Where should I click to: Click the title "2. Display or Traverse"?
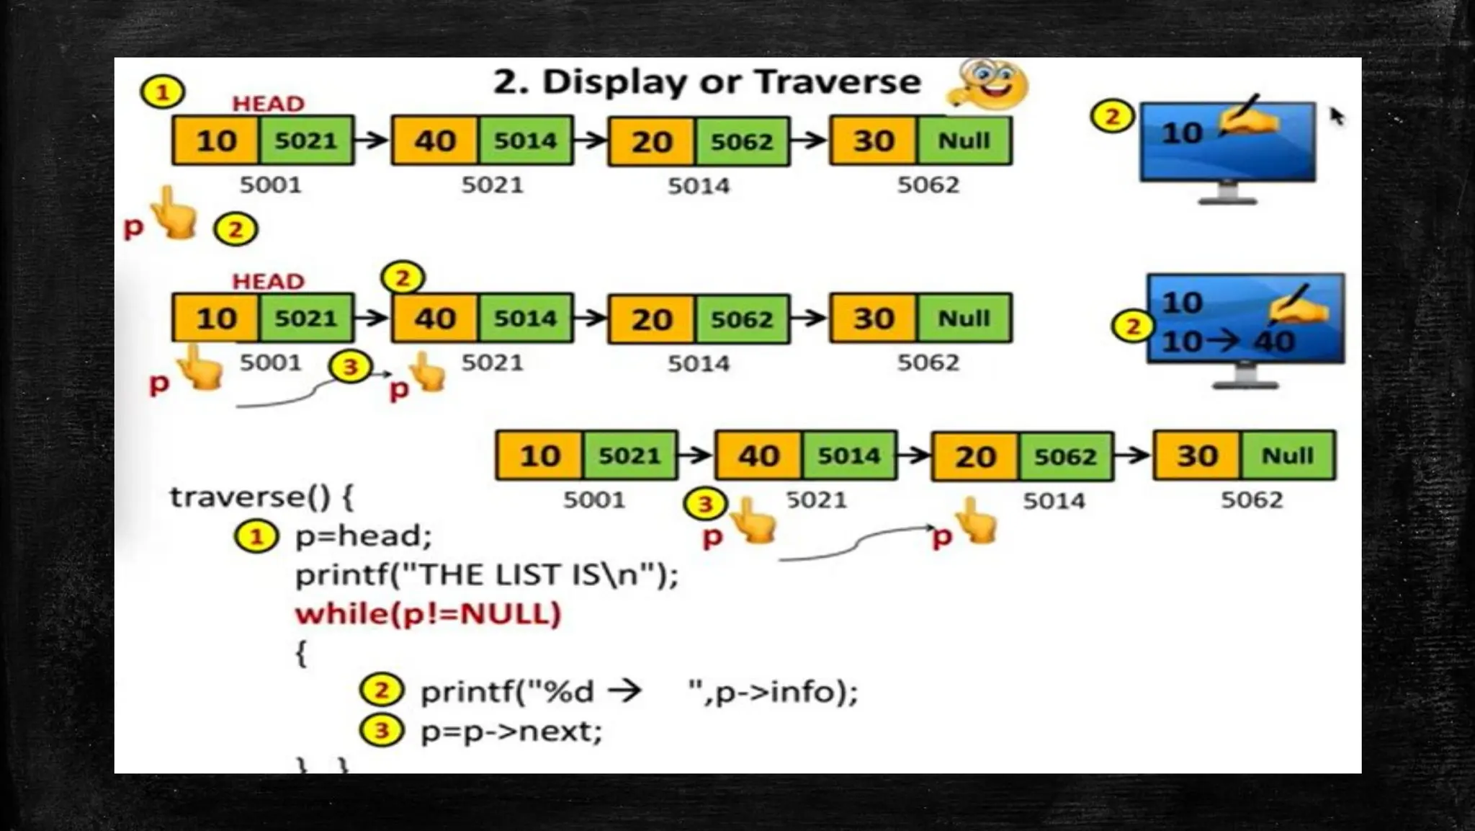[x=707, y=82]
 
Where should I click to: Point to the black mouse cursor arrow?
[x=1337, y=115]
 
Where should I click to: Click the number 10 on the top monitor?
[x=1181, y=133]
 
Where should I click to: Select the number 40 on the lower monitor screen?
[x=1274, y=342]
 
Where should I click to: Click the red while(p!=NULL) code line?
[x=428, y=614]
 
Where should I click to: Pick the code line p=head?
[x=364, y=536]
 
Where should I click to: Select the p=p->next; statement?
[x=511, y=731]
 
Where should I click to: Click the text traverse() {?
[x=261, y=497]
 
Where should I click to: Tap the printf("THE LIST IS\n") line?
[x=487, y=575]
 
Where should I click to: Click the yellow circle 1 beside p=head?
[x=256, y=537]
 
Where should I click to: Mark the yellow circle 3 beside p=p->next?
[x=381, y=731]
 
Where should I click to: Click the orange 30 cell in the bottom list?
[x=1197, y=456]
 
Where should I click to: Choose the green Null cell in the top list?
[x=964, y=141]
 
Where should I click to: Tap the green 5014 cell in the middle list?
[x=525, y=318]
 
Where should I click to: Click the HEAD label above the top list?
[x=268, y=104]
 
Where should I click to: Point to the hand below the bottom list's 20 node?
[x=976, y=521]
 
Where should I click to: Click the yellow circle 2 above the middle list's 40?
[x=403, y=277]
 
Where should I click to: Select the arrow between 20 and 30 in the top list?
[x=810, y=140]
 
